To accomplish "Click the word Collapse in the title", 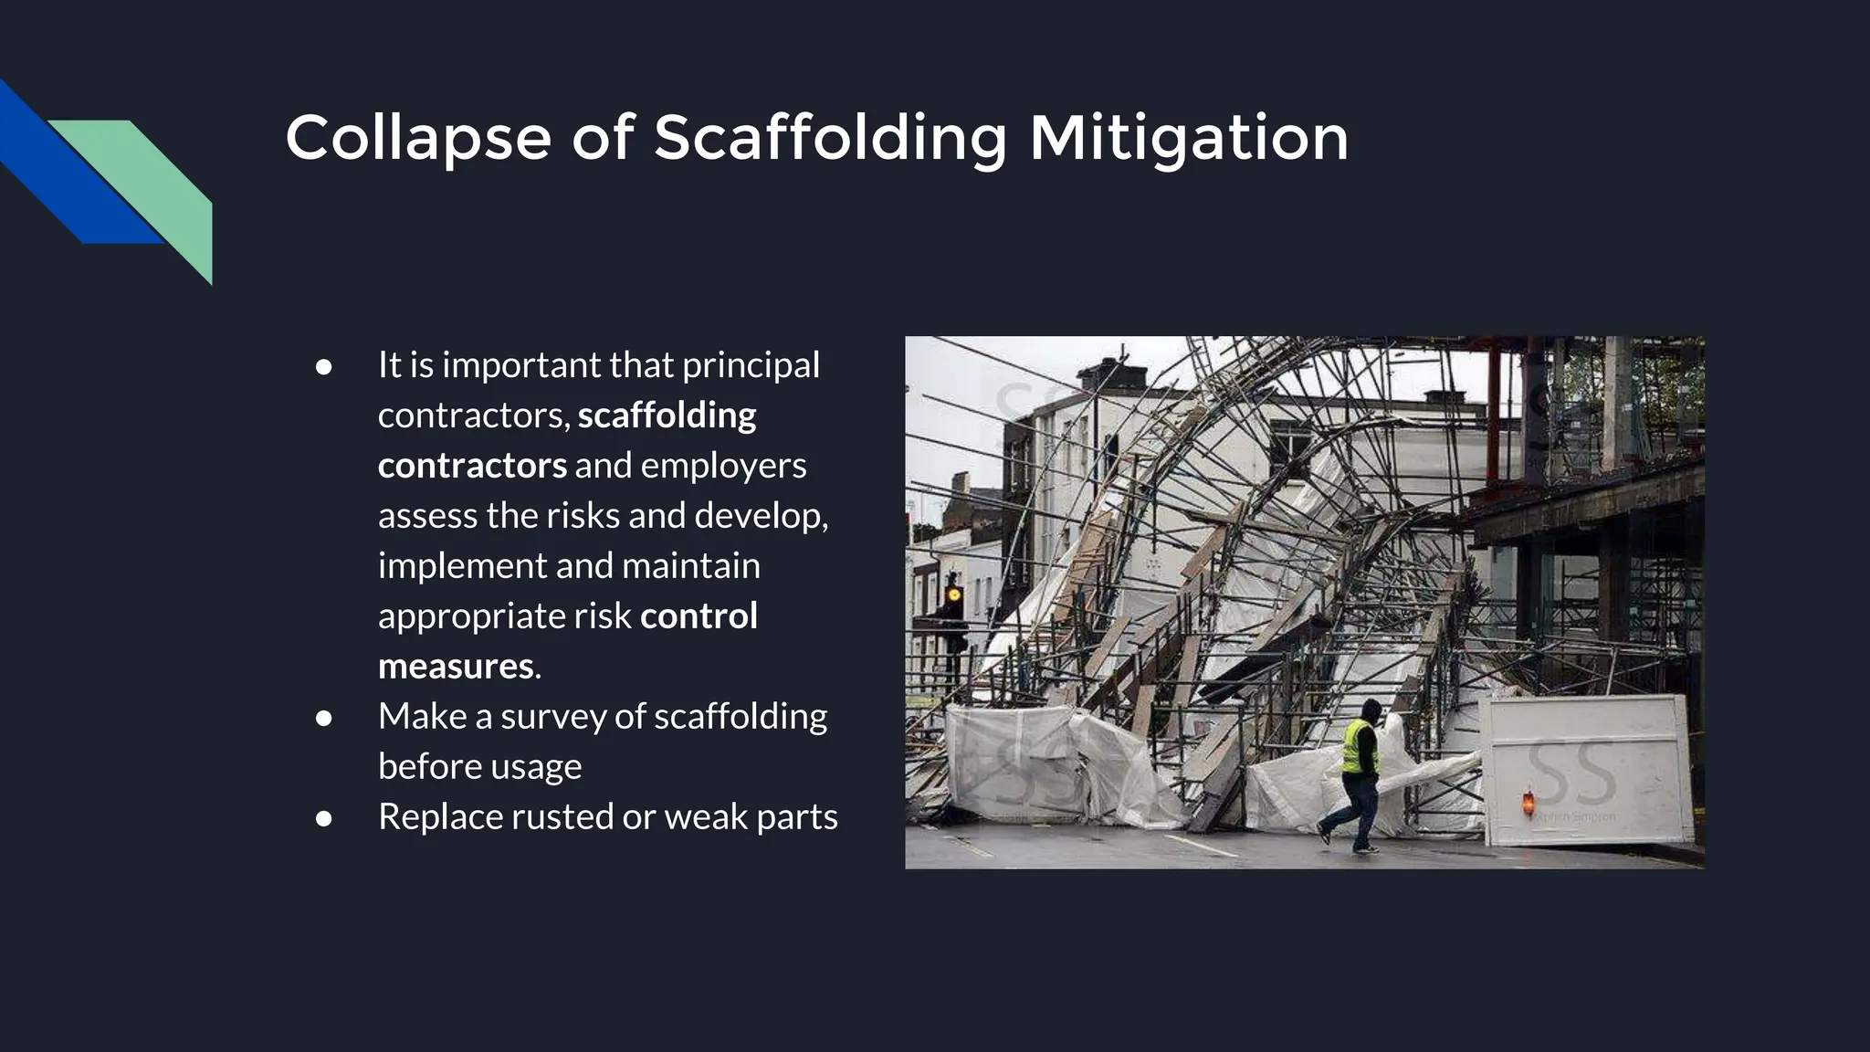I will click(417, 139).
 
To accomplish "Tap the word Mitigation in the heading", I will click(1188, 139).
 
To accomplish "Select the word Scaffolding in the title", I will click(830, 139).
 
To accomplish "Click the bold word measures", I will click(456, 666).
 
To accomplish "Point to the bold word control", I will click(699, 615).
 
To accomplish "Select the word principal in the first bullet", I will click(751, 365).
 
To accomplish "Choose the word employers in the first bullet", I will click(723, 466).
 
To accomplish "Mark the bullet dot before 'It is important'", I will click(323, 367).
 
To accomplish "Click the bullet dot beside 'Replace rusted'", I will click(323, 818).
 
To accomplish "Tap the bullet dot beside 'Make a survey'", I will click(323, 718).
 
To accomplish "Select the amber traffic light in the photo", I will click(953, 595).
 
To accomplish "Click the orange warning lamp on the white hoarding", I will click(1527, 804).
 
